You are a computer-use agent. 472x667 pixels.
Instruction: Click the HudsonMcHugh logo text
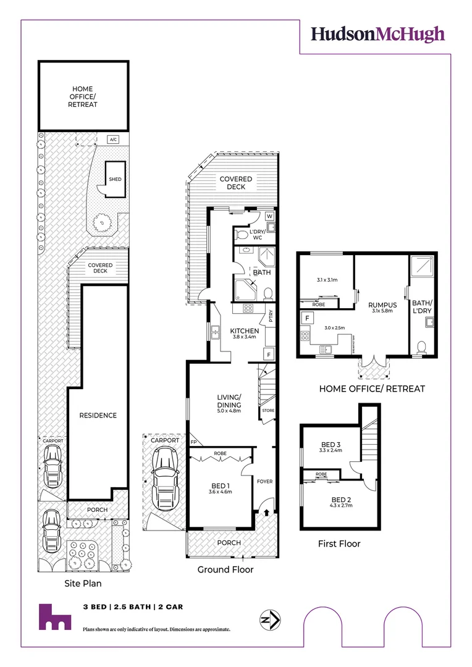pyautogui.click(x=377, y=33)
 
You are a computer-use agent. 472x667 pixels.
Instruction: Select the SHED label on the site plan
pyautogui.click(x=115, y=179)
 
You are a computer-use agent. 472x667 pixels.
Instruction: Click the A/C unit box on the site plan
pyautogui.click(x=113, y=140)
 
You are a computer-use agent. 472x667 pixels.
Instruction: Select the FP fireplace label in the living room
pyautogui.click(x=194, y=442)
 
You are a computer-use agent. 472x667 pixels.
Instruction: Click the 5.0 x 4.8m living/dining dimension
pyautogui.click(x=229, y=411)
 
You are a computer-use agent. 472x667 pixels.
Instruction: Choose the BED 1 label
pyautogui.click(x=221, y=485)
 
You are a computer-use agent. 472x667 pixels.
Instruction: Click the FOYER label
pyautogui.click(x=264, y=481)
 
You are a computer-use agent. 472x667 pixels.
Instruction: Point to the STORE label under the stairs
pyautogui.click(x=268, y=411)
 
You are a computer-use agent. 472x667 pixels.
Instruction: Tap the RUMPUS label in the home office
pyautogui.click(x=382, y=304)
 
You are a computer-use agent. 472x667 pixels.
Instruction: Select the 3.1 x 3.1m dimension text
pyautogui.click(x=327, y=280)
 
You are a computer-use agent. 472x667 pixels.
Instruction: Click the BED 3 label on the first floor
pyautogui.click(x=331, y=444)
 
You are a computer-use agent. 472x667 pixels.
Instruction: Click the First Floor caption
pyautogui.click(x=339, y=543)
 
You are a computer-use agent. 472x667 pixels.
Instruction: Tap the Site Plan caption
pyautogui.click(x=83, y=583)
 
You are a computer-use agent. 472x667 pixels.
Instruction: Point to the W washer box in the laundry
pyautogui.click(x=270, y=216)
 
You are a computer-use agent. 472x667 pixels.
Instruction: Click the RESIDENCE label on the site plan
pyautogui.click(x=98, y=415)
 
